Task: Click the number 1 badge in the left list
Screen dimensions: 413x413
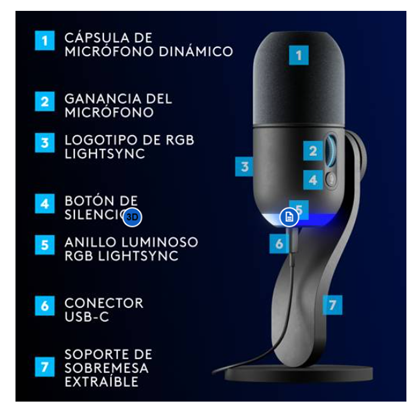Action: (x=45, y=40)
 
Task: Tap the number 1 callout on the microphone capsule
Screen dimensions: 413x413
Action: (x=298, y=55)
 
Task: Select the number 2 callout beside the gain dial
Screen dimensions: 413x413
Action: (x=312, y=151)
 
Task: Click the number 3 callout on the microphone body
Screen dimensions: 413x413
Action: (x=245, y=166)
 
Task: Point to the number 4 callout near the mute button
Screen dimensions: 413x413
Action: (x=312, y=180)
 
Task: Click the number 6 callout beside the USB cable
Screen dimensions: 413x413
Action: (x=279, y=243)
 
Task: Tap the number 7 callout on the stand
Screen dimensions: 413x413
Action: (x=333, y=305)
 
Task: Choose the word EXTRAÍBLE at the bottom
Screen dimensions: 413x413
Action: (x=101, y=381)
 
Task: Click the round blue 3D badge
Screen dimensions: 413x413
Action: (x=132, y=217)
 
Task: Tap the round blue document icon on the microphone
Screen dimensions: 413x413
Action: (x=289, y=217)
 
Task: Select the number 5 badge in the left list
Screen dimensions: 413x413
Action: (x=45, y=245)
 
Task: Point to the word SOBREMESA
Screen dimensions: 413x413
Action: (x=106, y=368)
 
